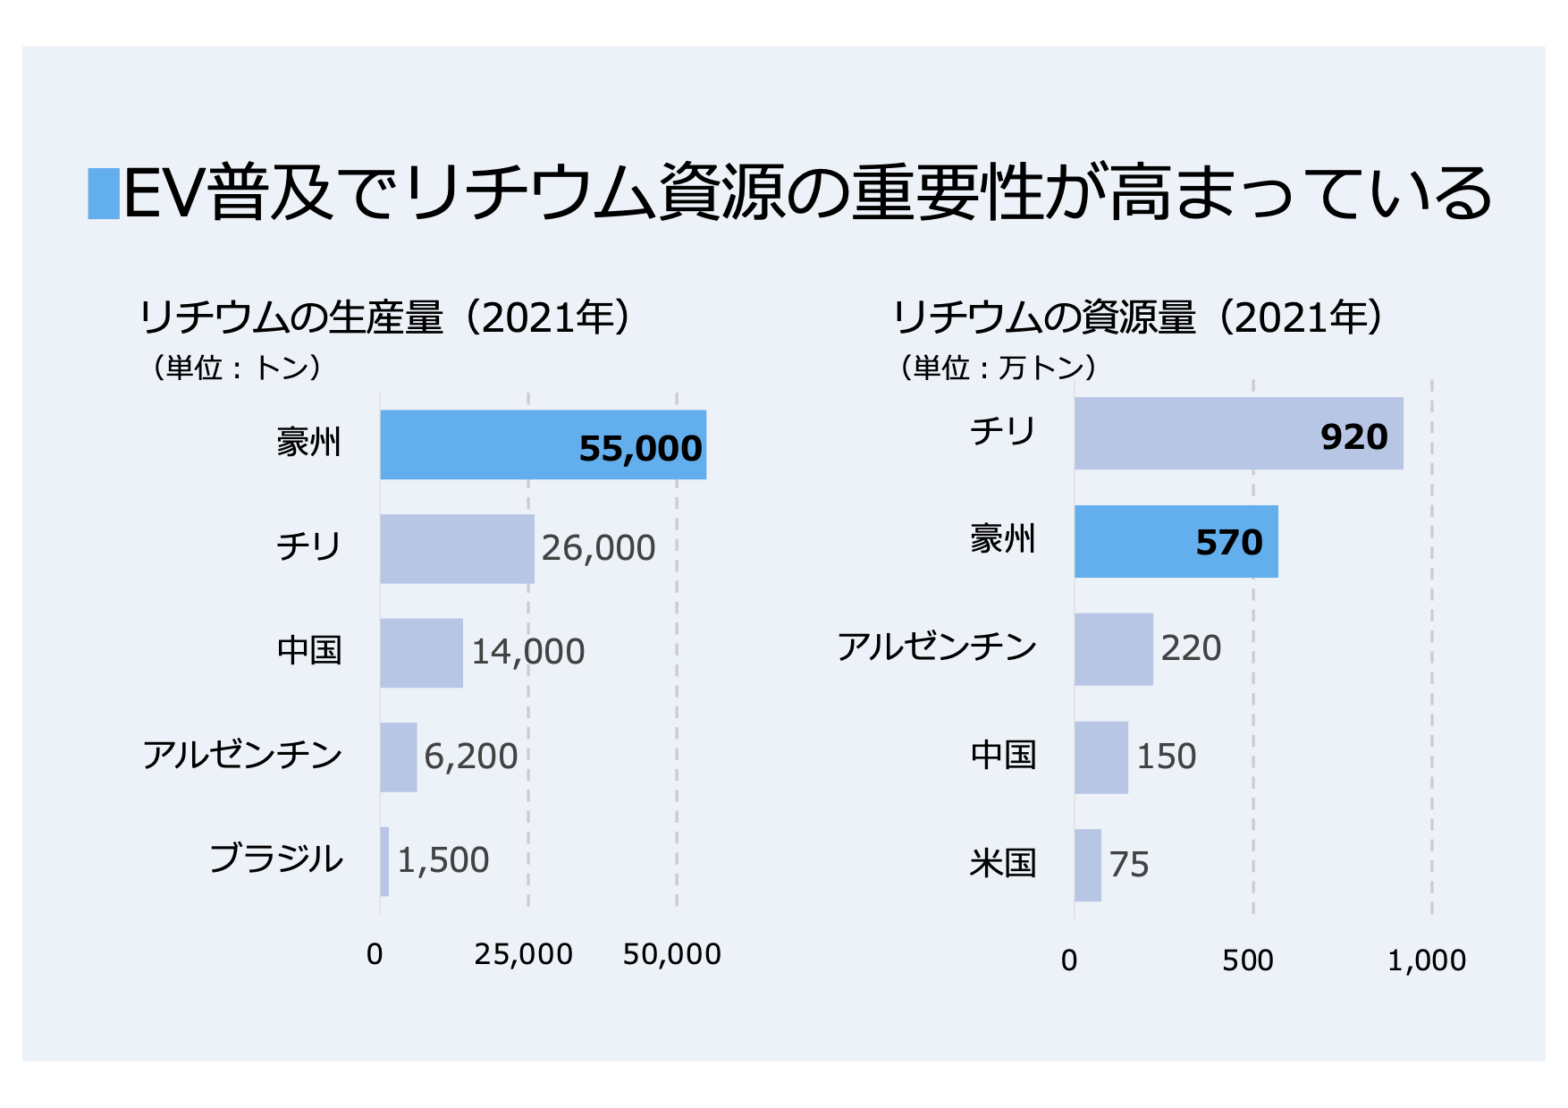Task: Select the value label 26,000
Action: coord(598,548)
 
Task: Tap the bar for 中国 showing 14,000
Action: coord(421,653)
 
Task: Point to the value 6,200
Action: coord(470,757)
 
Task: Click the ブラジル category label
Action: coord(275,859)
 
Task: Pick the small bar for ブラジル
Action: coord(384,861)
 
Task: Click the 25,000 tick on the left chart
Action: coord(523,954)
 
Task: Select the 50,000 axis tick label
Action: coord(671,954)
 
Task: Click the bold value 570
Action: coord(1228,543)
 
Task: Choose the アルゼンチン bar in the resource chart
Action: coord(1113,649)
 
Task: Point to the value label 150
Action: coord(1166,757)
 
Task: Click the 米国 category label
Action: coord(1002,864)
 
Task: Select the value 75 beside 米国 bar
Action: coord(1129,865)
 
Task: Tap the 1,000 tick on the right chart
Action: coord(1426,960)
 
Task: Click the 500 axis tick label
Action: coord(1247,960)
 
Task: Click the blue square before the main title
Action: coord(104,193)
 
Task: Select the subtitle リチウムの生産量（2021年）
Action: coord(386,317)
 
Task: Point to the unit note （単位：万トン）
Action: coord(997,368)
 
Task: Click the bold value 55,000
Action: coord(640,449)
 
